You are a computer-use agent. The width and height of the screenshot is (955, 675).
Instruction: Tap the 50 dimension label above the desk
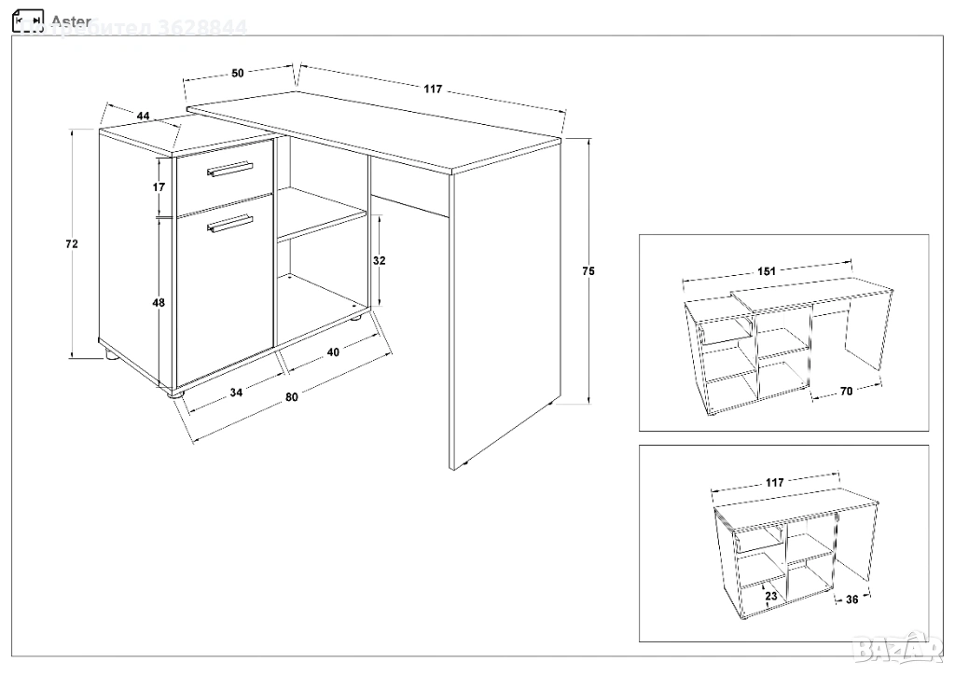(x=238, y=73)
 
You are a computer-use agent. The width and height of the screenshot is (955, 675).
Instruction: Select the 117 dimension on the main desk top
(x=432, y=90)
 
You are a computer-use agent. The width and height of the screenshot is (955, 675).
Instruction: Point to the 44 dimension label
(x=143, y=116)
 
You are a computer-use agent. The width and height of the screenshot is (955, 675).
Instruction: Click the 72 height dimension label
(x=72, y=244)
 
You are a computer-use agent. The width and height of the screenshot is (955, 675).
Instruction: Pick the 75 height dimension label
(x=588, y=271)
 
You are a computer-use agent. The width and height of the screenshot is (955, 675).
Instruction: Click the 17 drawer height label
(x=159, y=186)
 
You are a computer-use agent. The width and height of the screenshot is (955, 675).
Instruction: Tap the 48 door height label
(x=159, y=303)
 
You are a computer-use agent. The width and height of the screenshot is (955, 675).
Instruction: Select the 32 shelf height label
(x=379, y=261)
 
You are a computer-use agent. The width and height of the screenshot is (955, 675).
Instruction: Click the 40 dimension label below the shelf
(x=333, y=351)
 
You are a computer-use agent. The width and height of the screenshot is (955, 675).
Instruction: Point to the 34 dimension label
(x=236, y=393)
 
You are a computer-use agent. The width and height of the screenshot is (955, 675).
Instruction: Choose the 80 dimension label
(x=291, y=398)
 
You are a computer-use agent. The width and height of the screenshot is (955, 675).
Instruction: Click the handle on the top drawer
(x=229, y=169)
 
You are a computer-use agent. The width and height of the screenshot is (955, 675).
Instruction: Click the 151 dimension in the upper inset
(x=767, y=272)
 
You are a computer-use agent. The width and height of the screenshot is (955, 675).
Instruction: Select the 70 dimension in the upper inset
(x=846, y=392)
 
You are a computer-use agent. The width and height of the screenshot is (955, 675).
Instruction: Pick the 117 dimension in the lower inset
(x=774, y=482)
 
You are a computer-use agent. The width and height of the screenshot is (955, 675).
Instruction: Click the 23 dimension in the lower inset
(x=771, y=594)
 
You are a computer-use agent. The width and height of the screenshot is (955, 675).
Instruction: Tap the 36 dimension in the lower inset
(x=851, y=599)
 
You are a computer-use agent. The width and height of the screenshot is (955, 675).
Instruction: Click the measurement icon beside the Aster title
(x=30, y=20)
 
